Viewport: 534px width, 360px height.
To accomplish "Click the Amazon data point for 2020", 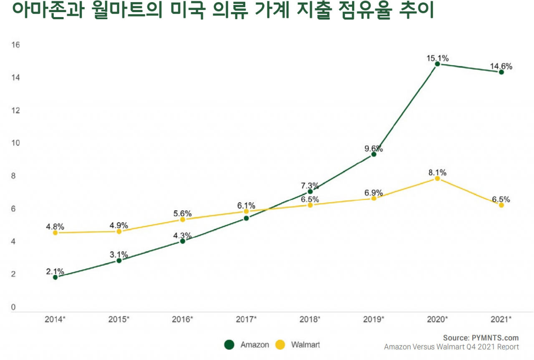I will [x=437, y=64].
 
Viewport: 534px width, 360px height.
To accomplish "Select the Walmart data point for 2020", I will [x=437, y=179].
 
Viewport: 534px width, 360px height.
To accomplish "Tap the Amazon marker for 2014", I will [x=55, y=277].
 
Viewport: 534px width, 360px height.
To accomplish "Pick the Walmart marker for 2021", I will [x=501, y=205].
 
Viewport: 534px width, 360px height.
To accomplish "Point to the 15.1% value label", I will [x=437, y=58].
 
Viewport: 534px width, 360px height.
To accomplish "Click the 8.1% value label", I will [x=437, y=172].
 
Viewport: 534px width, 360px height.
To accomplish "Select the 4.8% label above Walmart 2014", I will [x=55, y=227].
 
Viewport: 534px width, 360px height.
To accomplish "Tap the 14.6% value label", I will [x=501, y=66].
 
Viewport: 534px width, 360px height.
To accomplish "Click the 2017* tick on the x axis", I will [x=246, y=320].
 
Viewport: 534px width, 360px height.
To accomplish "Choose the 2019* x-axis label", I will [x=374, y=320].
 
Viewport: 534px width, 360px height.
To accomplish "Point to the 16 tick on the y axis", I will [x=15, y=45].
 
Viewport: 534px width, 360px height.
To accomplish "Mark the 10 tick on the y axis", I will [x=15, y=143].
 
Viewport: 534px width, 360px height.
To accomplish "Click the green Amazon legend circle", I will [x=229, y=345].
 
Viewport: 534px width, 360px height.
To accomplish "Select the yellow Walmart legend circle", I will [x=280, y=345].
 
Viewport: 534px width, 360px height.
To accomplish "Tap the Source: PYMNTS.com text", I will [x=481, y=338].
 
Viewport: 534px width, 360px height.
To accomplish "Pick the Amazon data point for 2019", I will [x=374, y=154].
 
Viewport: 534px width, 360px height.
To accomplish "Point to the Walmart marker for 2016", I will [x=182, y=219].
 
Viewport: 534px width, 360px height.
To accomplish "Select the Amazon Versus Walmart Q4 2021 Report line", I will [x=451, y=347].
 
